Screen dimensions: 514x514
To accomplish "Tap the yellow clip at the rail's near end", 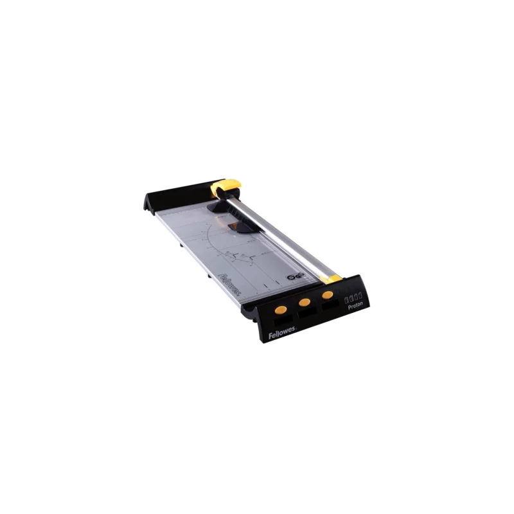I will [x=332, y=279].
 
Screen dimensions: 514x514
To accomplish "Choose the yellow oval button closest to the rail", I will [x=328, y=294].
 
